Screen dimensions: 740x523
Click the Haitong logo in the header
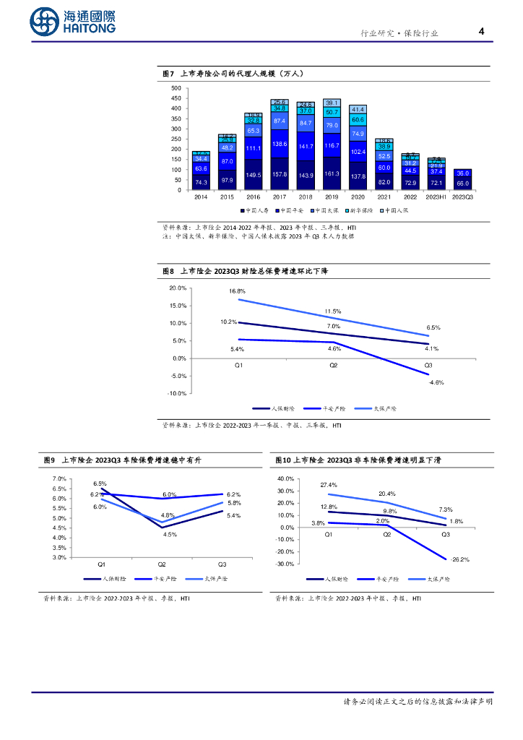(x=72, y=21)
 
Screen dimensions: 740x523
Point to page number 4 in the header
(x=481, y=32)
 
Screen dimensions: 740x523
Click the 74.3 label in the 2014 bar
(x=202, y=183)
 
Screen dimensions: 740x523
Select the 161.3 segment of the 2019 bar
(x=332, y=174)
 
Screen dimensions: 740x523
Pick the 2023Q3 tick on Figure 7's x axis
(x=462, y=197)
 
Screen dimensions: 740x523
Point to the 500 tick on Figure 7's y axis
(x=176, y=88)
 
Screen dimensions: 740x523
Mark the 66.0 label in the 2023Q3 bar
(x=462, y=184)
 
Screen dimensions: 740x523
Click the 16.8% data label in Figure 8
(x=237, y=291)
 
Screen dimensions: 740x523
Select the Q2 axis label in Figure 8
(x=333, y=366)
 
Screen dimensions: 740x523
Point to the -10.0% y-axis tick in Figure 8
(x=178, y=394)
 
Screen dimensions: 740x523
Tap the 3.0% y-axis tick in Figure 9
(x=59, y=557)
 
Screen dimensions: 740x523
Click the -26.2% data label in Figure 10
(x=460, y=559)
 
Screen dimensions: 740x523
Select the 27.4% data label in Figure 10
(x=329, y=485)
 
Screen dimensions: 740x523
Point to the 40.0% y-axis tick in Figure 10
(x=285, y=479)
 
